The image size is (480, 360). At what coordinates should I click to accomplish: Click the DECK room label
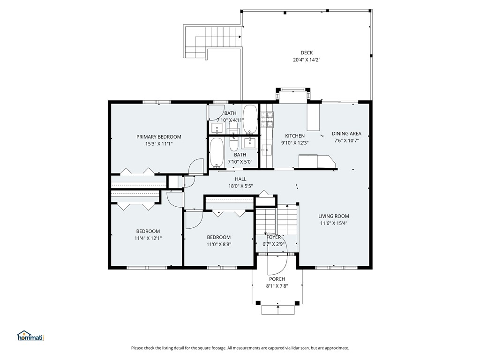pyautogui.click(x=307, y=52)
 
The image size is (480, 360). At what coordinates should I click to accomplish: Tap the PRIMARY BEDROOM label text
pyautogui.click(x=158, y=137)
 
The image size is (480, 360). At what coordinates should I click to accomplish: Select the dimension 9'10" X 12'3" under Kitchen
pyautogui.click(x=294, y=142)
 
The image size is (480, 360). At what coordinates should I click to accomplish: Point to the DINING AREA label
pyautogui.click(x=346, y=134)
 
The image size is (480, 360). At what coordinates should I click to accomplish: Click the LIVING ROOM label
pyautogui.click(x=333, y=216)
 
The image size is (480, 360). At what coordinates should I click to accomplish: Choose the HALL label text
pyautogui.click(x=240, y=179)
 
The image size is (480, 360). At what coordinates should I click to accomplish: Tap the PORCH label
pyautogui.click(x=277, y=279)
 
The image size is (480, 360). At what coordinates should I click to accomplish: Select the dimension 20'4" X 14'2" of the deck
pyautogui.click(x=307, y=60)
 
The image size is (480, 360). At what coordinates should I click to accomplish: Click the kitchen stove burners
pyautogui.click(x=267, y=120)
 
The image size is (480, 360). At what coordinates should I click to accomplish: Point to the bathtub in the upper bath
pyautogui.click(x=250, y=120)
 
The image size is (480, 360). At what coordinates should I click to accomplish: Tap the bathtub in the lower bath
pyautogui.click(x=217, y=152)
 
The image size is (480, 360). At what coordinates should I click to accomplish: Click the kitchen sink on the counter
pyautogui.click(x=266, y=150)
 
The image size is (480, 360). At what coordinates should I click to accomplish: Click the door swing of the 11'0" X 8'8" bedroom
pyautogui.click(x=194, y=220)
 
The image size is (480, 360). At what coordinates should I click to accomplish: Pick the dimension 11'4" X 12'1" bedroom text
pyautogui.click(x=148, y=238)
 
